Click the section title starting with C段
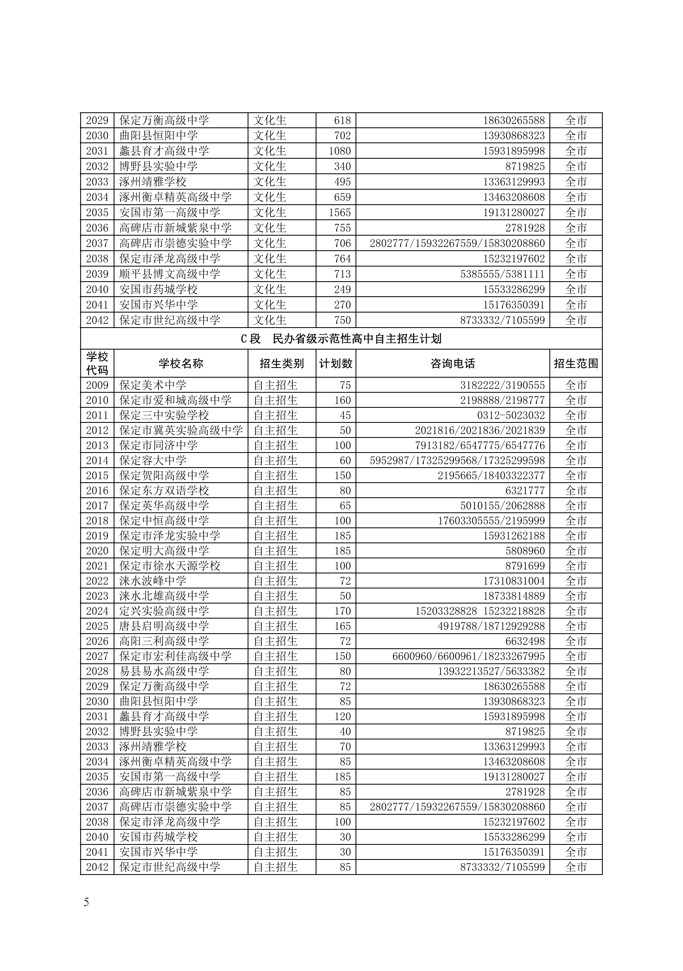[x=341, y=339]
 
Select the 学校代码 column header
[x=97, y=363]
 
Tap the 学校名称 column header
[x=181, y=363]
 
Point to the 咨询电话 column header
[x=452, y=363]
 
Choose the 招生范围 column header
[x=575, y=363]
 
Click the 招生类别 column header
[x=281, y=363]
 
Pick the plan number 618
[x=342, y=120]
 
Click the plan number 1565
[x=339, y=213]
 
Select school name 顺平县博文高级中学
[x=170, y=274]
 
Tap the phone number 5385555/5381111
[x=502, y=274]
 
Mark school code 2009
[x=97, y=385]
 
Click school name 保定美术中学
[x=153, y=385]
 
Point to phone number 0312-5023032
[x=511, y=415]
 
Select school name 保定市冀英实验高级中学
[x=181, y=431]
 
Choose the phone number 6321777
[x=525, y=490]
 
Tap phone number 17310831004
[x=514, y=581]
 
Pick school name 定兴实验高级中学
[x=164, y=611]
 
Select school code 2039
[x=97, y=274]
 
